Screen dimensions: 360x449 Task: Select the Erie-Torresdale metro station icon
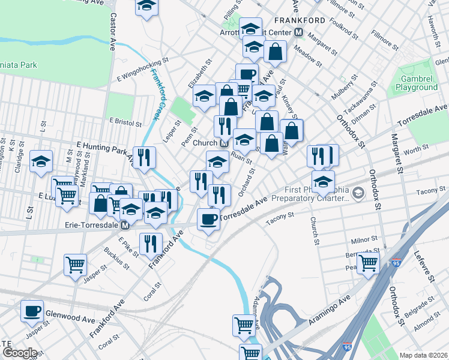click(x=125, y=226)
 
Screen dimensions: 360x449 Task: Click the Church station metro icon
click(x=224, y=143)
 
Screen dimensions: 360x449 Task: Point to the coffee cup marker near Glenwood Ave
click(x=32, y=311)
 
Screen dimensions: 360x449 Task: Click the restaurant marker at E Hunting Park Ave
click(x=144, y=157)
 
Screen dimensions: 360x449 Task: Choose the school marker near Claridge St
click(x=41, y=161)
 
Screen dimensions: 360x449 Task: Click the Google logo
click(x=19, y=353)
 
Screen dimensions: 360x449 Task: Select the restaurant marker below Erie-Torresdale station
click(x=149, y=244)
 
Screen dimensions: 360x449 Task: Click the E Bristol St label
click(x=124, y=121)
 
